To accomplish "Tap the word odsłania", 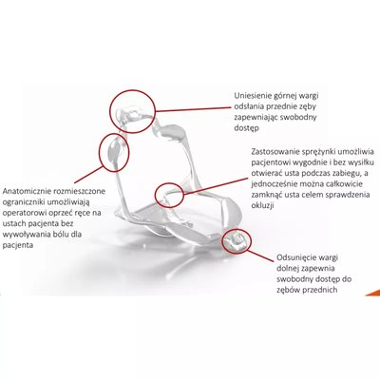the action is coord(248,106).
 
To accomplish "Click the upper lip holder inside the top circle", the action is coord(132,112).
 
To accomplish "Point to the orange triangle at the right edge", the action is coord(373,293).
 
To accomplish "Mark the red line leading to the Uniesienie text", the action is coord(193,109).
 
